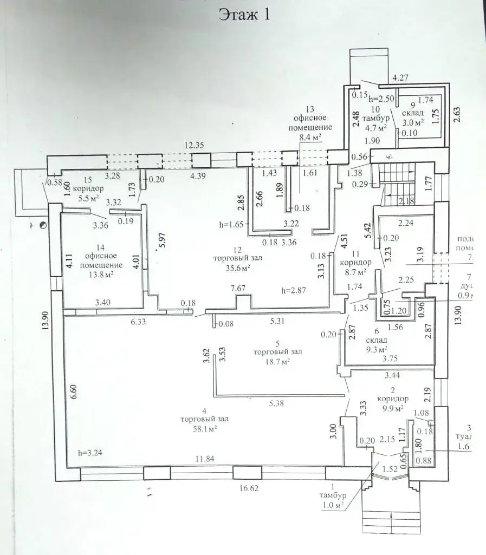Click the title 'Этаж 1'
[x=244, y=15]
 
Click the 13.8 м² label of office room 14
[x=102, y=275]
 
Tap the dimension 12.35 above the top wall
[x=196, y=145]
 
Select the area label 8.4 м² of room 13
[x=310, y=137]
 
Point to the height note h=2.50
[x=380, y=100]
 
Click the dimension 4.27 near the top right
[x=400, y=77]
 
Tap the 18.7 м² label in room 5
[x=277, y=361]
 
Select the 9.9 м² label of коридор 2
[x=393, y=407]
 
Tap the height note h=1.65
[x=230, y=223]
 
